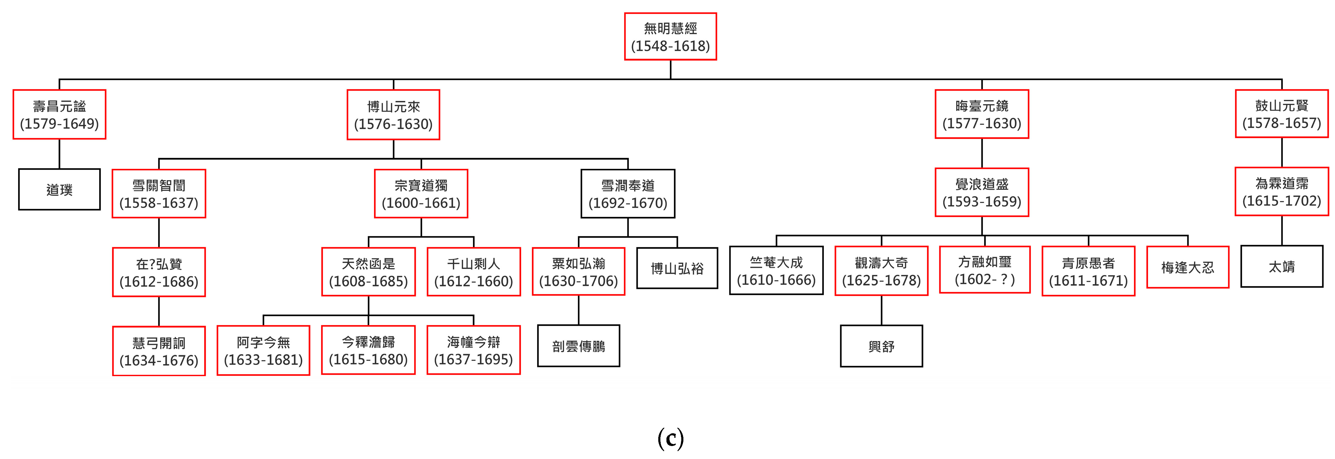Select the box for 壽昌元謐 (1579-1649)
coord(60,114)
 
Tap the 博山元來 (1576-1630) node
coord(393,115)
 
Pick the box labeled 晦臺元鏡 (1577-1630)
coord(982,114)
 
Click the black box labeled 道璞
coord(60,190)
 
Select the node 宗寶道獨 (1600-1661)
coord(421,194)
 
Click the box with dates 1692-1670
coord(628,194)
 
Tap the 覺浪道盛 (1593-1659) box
coord(982,192)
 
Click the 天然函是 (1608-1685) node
coord(368,272)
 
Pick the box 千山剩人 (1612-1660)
coord(474,272)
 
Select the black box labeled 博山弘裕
coord(677,268)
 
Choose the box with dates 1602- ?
coord(985,270)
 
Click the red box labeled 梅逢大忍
coord(1187,267)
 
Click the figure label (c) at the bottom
coord(671,439)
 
